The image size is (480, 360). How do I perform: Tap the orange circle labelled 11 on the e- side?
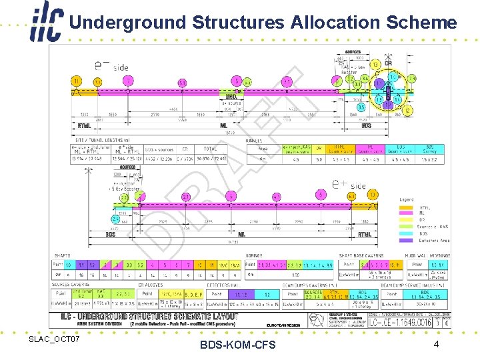tap(77, 81)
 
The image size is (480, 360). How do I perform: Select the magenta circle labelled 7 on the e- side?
tap(127, 81)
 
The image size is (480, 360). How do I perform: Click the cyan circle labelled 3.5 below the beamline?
tap(361, 107)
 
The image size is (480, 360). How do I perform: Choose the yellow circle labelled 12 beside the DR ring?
tap(408, 111)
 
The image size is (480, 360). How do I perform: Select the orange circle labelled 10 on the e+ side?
tap(373, 195)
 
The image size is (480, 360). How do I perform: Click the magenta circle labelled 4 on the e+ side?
tap(231, 196)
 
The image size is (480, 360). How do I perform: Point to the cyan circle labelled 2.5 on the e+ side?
tap(124, 197)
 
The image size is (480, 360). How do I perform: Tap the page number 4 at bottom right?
tap(435, 344)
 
